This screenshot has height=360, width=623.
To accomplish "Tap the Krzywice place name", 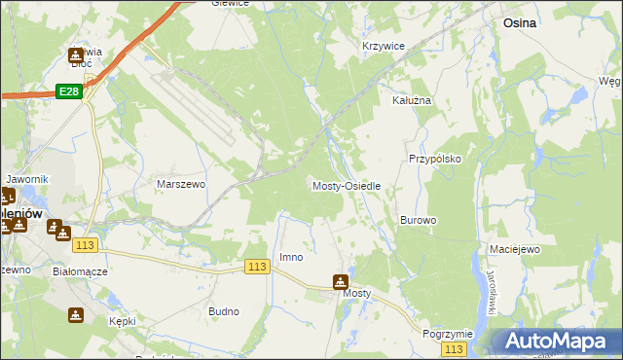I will [x=383, y=47].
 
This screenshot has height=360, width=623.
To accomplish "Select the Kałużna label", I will [x=411, y=100].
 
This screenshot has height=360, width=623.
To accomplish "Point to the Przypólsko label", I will [x=434, y=158].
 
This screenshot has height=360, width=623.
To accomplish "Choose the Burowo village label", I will [x=418, y=221].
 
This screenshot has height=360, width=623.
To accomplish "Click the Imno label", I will [x=291, y=258].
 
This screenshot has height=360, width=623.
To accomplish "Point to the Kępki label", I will [x=123, y=321].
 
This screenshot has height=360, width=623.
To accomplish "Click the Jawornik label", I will [x=26, y=180].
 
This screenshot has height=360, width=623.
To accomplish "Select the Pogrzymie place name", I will [x=448, y=334].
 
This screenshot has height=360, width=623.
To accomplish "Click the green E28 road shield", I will [x=67, y=90].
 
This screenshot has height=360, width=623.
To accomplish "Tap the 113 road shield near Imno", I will [x=257, y=267].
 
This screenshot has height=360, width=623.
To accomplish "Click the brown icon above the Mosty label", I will [x=340, y=282].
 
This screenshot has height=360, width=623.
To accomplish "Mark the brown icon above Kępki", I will [x=76, y=315].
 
